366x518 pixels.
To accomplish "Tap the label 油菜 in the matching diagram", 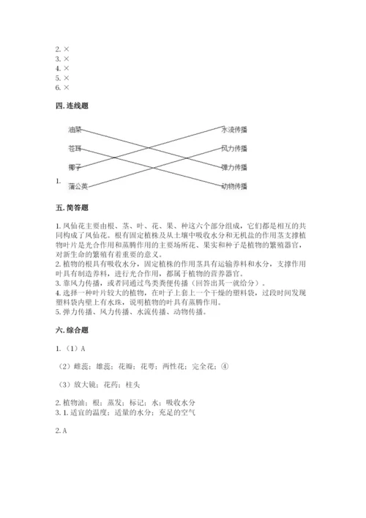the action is pyautogui.click(x=75, y=130).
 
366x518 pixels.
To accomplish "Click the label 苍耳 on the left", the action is pyautogui.click(x=75, y=149).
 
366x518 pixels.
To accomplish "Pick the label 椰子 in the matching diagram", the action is pyautogui.click(x=75, y=168).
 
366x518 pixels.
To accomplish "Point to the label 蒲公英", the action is pyautogui.click(x=78, y=186).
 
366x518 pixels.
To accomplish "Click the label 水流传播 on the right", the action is pyautogui.click(x=234, y=129).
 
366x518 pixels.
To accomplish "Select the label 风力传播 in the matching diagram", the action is pyautogui.click(x=234, y=149).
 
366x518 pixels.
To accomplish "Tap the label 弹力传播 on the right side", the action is pyautogui.click(x=234, y=168).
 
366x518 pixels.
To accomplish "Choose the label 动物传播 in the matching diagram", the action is pyautogui.click(x=234, y=186).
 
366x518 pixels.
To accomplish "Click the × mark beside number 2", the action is pyautogui.click(x=67, y=49).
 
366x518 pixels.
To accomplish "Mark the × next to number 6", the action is pyautogui.click(x=67, y=87).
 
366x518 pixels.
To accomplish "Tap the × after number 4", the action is pyautogui.click(x=67, y=68).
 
